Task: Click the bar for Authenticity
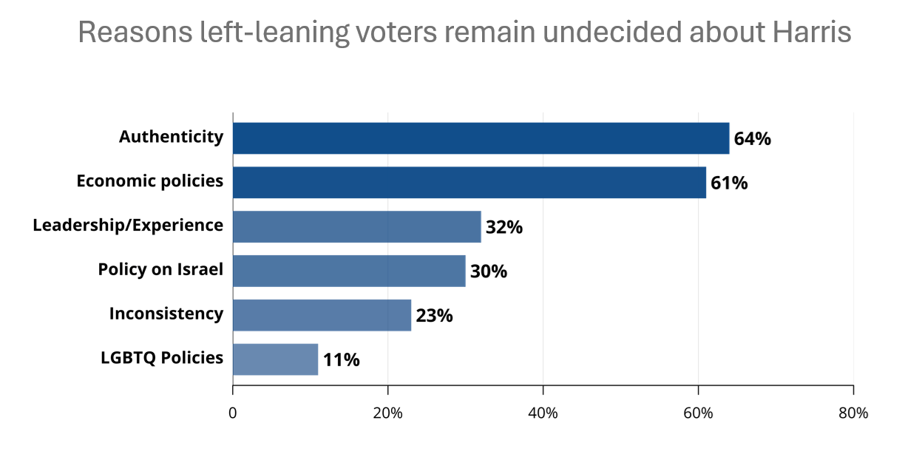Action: pos(481,138)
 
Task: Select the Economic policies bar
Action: pos(470,183)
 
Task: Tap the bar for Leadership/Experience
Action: pos(356,226)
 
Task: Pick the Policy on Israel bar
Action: pos(349,271)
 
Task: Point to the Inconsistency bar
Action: pos(322,315)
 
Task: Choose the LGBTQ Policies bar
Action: pos(275,359)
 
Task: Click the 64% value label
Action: pos(752,139)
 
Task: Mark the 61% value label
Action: pos(729,183)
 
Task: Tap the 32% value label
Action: pos(504,227)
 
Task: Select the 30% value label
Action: pos(489,271)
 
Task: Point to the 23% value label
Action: pos(434,316)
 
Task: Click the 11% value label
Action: pos(341,360)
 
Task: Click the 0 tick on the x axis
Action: pos(233,413)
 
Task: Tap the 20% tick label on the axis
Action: pos(387,413)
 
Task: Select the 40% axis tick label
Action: pos(543,413)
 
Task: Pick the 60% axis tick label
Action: pos(698,413)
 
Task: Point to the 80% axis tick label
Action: pos(853,413)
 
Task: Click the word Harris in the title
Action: pos(812,33)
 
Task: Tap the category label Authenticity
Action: pos(171,137)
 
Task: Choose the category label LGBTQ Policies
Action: pos(162,358)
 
